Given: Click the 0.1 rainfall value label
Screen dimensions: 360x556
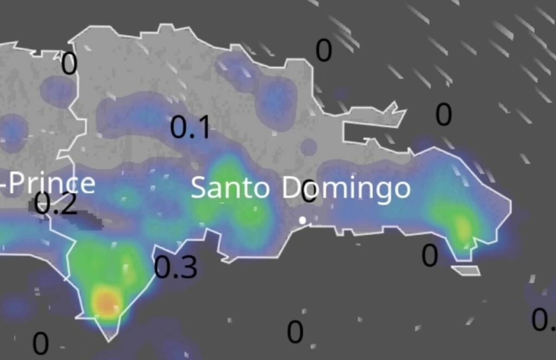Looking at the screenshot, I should click(189, 128).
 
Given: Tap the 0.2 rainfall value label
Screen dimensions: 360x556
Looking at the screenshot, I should click(55, 205).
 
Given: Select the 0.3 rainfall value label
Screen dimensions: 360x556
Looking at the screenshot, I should click(175, 267).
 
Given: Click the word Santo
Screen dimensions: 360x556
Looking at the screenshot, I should click(230, 188).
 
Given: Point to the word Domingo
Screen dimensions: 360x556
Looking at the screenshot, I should click(346, 188).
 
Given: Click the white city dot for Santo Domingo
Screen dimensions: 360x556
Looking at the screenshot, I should click(302, 220).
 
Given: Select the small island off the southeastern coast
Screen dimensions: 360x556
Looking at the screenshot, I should click(466, 270).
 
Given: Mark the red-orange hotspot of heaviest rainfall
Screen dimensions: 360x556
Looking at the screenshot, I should click(105, 300).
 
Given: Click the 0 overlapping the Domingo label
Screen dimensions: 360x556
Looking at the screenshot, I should click(309, 191).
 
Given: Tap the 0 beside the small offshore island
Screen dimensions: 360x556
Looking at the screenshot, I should click(429, 256).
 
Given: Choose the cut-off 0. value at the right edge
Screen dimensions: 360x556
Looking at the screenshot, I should click(544, 320).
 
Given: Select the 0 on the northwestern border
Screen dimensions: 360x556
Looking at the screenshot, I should click(69, 64).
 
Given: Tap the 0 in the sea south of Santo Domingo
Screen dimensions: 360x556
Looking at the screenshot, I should click(295, 332).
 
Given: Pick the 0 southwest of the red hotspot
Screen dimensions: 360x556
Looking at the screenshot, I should click(41, 344).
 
